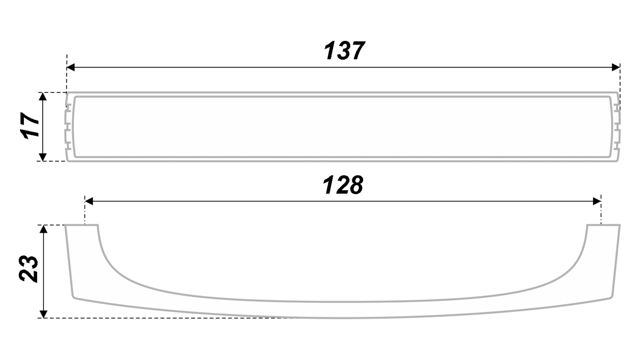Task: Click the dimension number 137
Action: point(344,51)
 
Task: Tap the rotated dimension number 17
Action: point(30,125)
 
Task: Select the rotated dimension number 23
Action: point(29,269)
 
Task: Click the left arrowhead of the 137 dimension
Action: point(71,67)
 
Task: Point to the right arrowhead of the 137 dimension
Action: point(616,67)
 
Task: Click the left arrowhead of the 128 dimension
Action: point(89,201)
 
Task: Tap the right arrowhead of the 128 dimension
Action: point(597,201)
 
